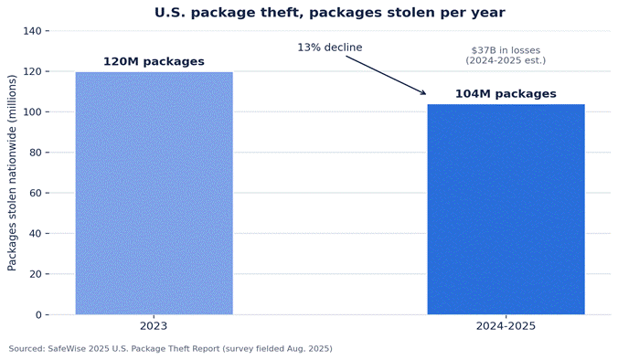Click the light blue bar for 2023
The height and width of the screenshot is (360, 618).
[x=154, y=193]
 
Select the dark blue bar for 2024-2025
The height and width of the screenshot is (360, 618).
[x=506, y=209]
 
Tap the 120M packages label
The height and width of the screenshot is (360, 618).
[x=154, y=61]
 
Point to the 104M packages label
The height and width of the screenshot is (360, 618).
[x=506, y=94]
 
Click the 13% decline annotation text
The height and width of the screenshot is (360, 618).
[x=329, y=48]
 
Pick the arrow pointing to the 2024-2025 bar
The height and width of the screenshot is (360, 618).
[x=386, y=75]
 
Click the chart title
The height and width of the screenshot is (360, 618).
[x=329, y=13]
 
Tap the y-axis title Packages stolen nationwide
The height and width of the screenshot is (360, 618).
[x=12, y=173]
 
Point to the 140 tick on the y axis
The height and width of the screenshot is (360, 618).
[x=35, y=31]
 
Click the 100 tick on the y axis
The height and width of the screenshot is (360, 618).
[x=35, y=112]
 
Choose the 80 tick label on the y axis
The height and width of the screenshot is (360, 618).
[x=37, y=153]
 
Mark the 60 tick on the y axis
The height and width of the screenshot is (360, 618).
[x=37, y=193]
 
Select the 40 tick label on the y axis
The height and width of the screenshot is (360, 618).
[x=37, y=234]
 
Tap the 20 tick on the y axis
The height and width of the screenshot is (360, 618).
[x=37, y=274]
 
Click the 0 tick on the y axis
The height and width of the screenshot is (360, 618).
[x=39, y=314]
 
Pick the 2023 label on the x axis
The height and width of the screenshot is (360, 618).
[x=154, y=326]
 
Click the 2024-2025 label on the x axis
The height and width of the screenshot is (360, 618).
[x=506, y=326]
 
